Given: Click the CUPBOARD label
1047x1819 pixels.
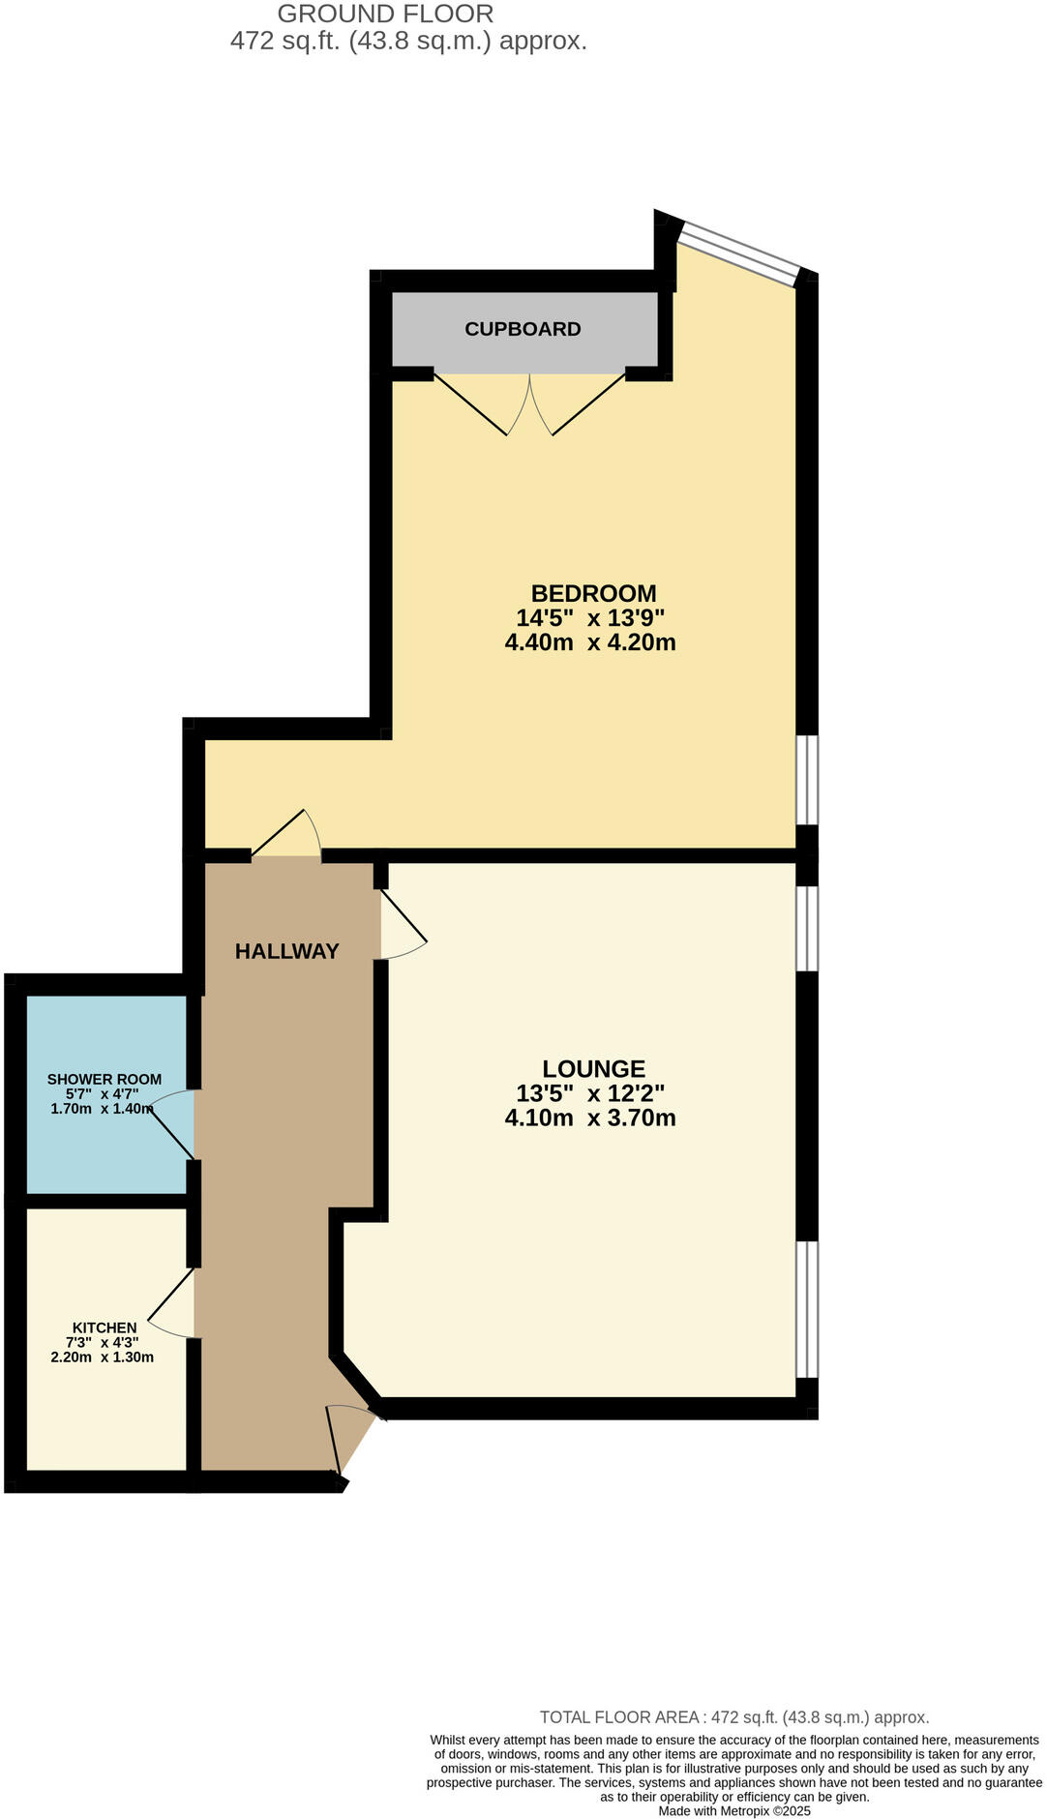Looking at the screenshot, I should [523, 329].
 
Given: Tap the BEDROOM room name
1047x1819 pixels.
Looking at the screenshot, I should [593, 593].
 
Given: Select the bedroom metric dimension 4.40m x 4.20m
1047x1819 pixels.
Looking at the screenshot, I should [590, 642].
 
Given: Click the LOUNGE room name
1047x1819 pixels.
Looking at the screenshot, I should [593, 1068].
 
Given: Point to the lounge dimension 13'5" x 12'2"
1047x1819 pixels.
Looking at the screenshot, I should [590, 1093].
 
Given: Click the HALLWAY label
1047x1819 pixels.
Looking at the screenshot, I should [287, 951].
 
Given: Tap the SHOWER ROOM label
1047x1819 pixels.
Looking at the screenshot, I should [105, 1079].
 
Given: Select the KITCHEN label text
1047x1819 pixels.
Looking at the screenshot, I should [105, 1327].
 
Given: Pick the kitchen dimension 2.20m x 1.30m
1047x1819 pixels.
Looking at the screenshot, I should [103, 1357].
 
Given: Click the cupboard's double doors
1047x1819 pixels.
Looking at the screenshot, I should [529, 404].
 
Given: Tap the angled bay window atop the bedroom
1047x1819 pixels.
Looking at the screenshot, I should [740, 253].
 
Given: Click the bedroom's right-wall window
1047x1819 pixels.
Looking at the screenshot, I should [806, 780].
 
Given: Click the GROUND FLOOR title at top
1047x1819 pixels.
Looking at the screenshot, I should [385, 14].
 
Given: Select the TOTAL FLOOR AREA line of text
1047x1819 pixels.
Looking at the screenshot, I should [733, 1717].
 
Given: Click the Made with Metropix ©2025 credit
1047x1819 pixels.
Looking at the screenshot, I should [734, 1810].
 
